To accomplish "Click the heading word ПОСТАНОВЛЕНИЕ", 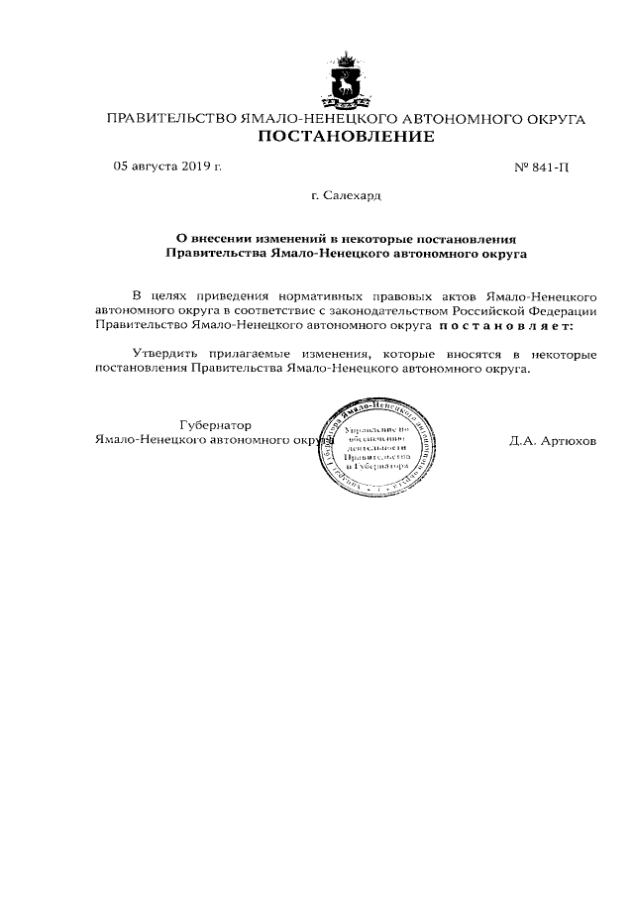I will pos(346,137).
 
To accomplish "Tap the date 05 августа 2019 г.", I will pos(167,167).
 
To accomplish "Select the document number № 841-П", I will pos(543,168).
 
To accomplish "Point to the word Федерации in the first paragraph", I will pos(563,309).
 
